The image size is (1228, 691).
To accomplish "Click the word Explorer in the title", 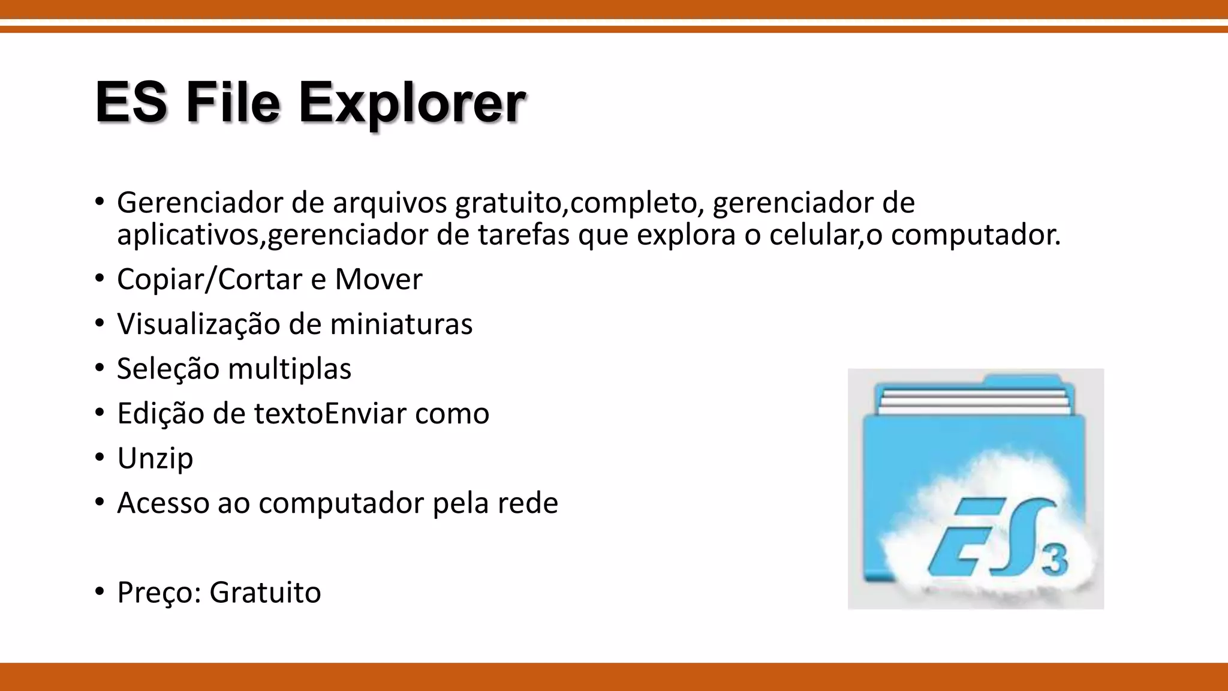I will click(x=412, y=103).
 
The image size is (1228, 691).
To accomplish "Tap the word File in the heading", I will click(x=233, y=103).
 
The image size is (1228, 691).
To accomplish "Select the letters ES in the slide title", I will click(x=131, y=103).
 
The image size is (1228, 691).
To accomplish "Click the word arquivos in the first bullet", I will click(x=390, y=203).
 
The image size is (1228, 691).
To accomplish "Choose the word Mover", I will click(x=378, y=280).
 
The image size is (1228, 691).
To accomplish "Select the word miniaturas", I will click(x=401, y=325).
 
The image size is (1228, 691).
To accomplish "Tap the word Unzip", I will click(x=155, y=459).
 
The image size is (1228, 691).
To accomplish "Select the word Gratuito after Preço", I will click(x=265, y=593).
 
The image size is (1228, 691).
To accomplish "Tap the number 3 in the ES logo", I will click(x=1054, y=559).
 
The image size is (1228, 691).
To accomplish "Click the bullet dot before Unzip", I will click(x=100, y=458).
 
